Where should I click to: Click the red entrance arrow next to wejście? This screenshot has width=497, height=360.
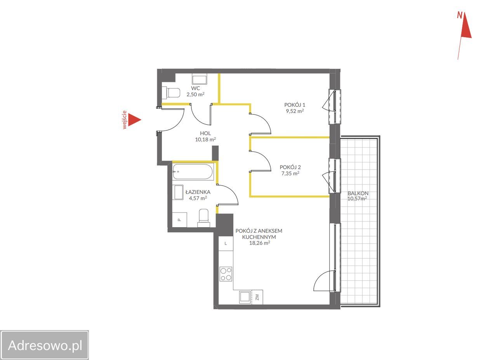[134, 120]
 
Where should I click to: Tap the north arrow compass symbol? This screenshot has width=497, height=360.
[464, 35]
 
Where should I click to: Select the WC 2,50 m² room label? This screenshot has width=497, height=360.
[195, 91]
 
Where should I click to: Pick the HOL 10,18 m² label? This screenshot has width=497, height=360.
[205, 136]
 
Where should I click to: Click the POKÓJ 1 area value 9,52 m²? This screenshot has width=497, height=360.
[295, 111]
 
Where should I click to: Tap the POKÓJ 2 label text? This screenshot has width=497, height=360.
[290, 167]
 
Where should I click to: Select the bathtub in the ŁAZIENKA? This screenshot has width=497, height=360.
[193, 172]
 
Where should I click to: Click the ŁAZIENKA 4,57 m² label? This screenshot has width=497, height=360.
[198, 195]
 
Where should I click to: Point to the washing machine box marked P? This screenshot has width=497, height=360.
[179, 220]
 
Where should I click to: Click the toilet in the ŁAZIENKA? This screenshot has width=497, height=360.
[204, 218]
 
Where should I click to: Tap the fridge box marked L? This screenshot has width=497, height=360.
[226, 243]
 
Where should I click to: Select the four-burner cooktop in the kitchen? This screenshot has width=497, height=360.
[226, 274]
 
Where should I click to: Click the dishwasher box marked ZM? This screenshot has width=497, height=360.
[257, 297]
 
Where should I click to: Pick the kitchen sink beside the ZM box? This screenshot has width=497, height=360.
[245, 297]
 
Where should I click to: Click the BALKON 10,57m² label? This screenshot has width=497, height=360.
[358, 196]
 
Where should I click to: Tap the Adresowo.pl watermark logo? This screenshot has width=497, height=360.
[45, 345]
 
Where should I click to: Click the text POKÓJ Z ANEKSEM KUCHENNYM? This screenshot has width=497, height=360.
[259, 234]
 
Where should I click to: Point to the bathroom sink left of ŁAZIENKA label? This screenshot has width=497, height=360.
[179, 193]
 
